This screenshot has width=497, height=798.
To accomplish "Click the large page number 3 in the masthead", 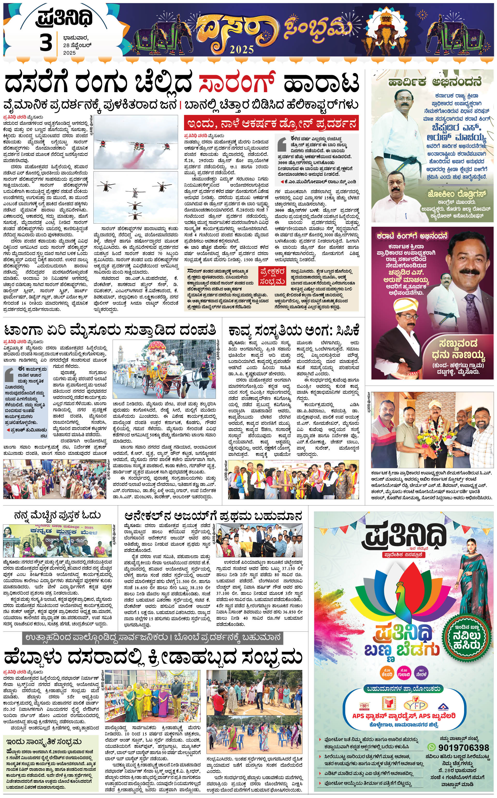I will pyautogui.click(x=46, y=43).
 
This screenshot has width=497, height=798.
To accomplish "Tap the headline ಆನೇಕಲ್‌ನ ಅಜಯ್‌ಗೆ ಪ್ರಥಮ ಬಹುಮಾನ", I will pyautogui.click(x=213, y=515).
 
